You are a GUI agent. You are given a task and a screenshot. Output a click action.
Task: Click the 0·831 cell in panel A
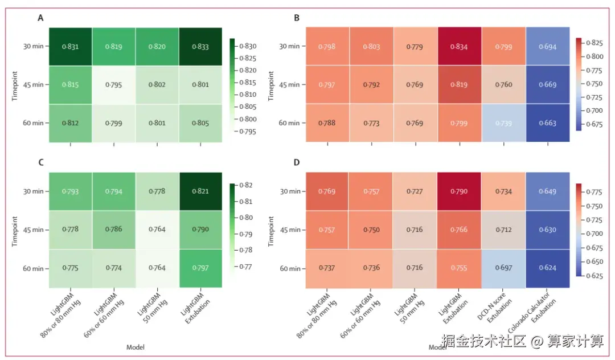70,47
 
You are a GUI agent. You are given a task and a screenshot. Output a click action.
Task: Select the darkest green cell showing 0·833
200,47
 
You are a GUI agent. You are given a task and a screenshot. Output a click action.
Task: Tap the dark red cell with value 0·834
459,47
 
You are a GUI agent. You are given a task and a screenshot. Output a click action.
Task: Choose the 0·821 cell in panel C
200,191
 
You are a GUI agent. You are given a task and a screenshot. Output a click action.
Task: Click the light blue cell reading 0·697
503,268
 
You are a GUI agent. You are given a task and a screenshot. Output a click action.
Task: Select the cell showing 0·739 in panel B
503,123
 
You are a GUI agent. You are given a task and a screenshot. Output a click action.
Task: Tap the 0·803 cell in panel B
371,47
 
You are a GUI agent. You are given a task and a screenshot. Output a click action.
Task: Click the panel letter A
40,18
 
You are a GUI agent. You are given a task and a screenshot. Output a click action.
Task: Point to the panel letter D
296,163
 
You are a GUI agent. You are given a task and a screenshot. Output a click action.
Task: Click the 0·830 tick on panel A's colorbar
248,46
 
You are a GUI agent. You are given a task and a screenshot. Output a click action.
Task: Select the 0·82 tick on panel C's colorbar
246,185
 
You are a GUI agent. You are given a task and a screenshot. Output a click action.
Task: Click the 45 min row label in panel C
33,230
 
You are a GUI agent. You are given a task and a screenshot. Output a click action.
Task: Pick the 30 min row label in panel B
290,47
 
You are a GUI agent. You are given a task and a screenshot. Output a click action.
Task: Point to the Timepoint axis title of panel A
15,85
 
